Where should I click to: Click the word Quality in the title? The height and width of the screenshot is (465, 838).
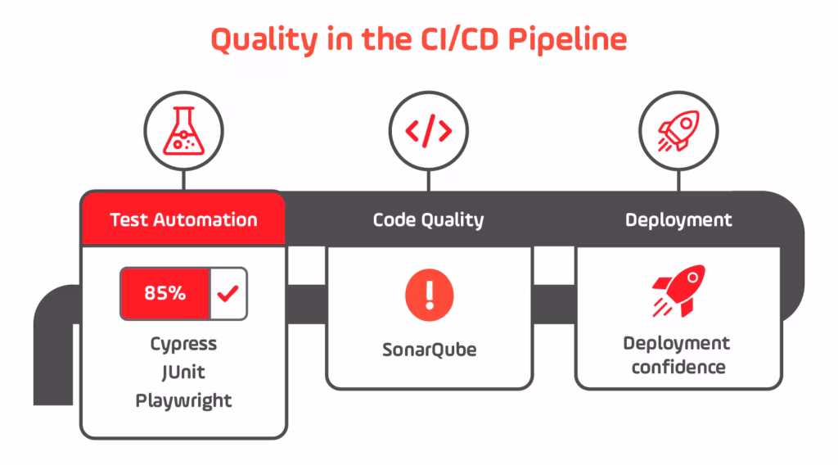pos(261,38)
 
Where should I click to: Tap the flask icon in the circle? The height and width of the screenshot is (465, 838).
pos(183,132)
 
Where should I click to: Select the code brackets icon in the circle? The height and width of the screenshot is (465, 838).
pos(429,132)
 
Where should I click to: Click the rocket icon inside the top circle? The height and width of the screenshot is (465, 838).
pos(678,132)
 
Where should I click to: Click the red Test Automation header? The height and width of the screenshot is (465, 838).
pos(183,219)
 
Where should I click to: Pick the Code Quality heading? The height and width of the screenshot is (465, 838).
pos(428,219)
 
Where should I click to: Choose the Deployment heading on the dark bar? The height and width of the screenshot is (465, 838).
pos(678,219)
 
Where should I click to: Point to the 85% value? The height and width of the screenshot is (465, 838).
pos(164,293)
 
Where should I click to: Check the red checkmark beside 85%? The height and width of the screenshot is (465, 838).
pos(228,293)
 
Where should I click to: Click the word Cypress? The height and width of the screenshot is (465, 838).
pos(183,344)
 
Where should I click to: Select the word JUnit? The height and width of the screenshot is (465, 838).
pos(183,372)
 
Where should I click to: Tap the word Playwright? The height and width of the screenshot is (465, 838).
pos(183,400)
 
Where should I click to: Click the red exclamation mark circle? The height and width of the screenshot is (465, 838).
pos(429,296)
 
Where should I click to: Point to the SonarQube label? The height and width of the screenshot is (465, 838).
pos(429,350)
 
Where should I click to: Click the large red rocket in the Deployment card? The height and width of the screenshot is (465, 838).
pos(678,291)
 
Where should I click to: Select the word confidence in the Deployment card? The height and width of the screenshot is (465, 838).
pos(678,366)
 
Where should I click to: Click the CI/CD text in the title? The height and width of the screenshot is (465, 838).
pos(446,38)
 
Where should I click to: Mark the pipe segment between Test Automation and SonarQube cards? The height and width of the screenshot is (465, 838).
pos(307,304)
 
